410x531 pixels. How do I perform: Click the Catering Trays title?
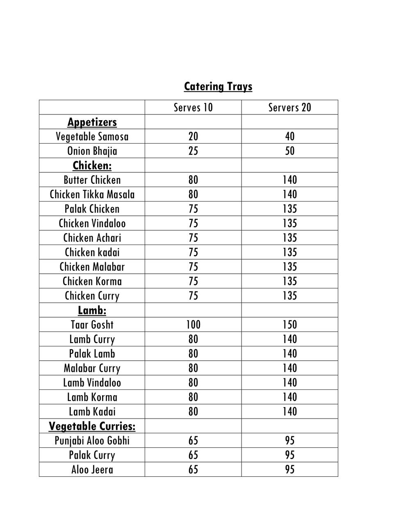pyautogui.click(x=218, y=87)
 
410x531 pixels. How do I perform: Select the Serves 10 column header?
pyautogui.click(x=193, y=108)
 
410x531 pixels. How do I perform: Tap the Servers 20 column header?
pyautogui.click(x=289, y=108)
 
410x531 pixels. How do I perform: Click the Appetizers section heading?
pyautogui.click(x=92, y=122)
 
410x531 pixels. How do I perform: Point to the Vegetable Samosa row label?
pyautogui.click(x=92, y=137)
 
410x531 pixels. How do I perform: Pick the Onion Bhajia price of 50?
pyautogui.click(x=289, y=151)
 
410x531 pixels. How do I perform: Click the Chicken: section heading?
pyautogui.click(x=92, y=165)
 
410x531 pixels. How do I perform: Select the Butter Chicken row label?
pyautogui.click(x=92, y=180)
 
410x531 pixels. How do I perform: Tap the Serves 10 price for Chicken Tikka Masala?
pyautogui.click(x=193, y=194)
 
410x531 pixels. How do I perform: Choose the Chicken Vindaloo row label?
pyautogui.click(x=92, y=223)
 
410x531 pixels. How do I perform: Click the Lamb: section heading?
pyautogui.click(x=92, y=310)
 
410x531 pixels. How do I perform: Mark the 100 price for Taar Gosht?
pyautogui.click(x=193, y=325)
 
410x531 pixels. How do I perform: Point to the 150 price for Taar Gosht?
pyautogui.click(x=289, y=325)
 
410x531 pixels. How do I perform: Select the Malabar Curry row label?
pyautogui.click(x=92, y=368)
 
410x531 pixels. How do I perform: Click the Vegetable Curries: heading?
pyautogui.click(x=92, y=426)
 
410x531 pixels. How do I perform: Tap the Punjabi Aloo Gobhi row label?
pyautogui.click(x=92, y=441)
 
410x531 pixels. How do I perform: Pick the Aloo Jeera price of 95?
pyautogui.click(x=289, y=469)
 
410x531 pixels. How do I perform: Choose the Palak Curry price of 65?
pyautogui.click(x=193, y=455)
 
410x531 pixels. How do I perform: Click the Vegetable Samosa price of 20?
pyautogui.click(x=193, y=137)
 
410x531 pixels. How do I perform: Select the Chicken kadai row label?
pyautogui.click(x=92, y=252)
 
